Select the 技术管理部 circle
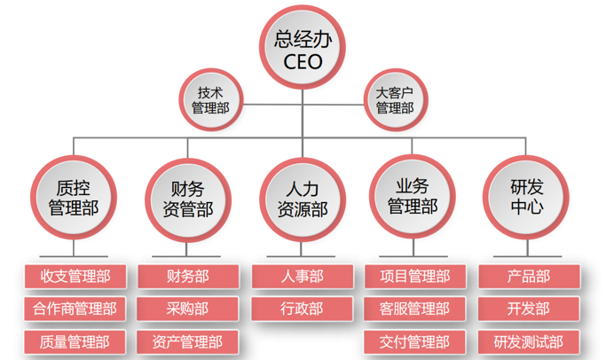point(210,99)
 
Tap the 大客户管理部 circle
point(394,99)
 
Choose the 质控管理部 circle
point(73,198)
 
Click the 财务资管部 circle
point(187,198)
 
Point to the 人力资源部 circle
point(302,198)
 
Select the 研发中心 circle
point(527,198)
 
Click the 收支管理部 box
point(75,277)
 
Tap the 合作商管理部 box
point(75,309)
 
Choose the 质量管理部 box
point(75,341)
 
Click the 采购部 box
point(187,309)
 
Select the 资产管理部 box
point(187,341)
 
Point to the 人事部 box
point(302,277)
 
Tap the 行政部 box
point(302,309)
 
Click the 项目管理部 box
point(414,277)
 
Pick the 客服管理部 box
point(414,309)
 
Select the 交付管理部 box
point(414,341)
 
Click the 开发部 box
point(528,309)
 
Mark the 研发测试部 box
point(528,341)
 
